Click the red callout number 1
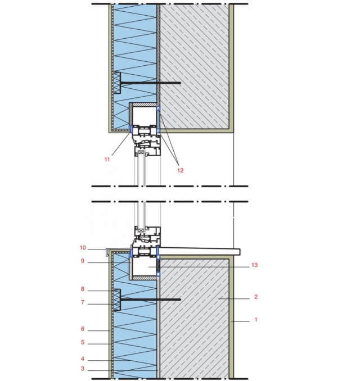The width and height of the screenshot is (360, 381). tap(255, 320)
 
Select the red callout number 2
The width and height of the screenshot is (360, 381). tap(256, 297)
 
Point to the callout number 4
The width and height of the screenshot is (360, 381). tap(83, 359)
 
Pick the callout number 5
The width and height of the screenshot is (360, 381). tap(83, 342)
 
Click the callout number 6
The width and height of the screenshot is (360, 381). tap(83, 329)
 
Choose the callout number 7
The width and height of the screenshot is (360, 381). tap(83, 302)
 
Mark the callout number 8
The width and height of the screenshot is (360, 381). tap(83, 289)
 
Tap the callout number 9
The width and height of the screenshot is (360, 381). tap(83, 261)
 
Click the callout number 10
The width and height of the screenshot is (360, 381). tap(83, 248)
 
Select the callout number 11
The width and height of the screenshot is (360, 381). tap(107, 160)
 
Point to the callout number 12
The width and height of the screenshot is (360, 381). tap(180, 170)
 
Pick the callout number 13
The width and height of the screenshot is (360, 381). tap(254, 265)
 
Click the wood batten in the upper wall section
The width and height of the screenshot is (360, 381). tap(117, 83)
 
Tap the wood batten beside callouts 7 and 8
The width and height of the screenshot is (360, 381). tap(117, 300)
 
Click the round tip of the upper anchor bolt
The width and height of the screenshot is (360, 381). tap(180, 83)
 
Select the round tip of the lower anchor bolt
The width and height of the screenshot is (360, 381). tap(180, 300)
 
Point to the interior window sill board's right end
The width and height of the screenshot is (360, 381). tap(240, 252)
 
